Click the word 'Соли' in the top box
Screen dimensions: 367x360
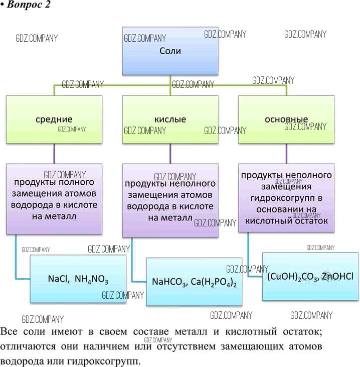pos(170,51)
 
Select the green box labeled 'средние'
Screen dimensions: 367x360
pos(54,119)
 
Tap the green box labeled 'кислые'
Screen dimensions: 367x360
pos(170,119)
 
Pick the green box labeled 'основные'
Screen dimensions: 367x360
pos(286,119)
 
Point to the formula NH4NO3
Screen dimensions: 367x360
pos(92,279)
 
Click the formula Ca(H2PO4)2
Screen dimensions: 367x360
pos(214,282)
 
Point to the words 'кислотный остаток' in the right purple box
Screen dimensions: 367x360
pos(284,220)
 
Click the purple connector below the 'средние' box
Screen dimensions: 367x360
pos(54,154)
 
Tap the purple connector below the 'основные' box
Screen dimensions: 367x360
pos(286,154)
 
